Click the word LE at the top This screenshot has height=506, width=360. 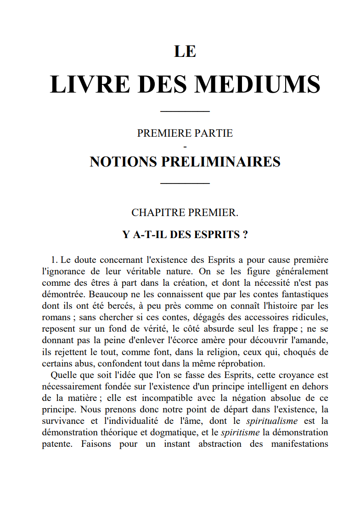(x=185, y=51)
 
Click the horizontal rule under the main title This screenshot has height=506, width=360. (x=185, y=111)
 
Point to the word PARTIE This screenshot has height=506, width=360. (x=213, y=133)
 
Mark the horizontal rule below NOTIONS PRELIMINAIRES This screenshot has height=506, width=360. (x=185, y=183)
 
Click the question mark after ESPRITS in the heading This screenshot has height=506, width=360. (x=245, y=235)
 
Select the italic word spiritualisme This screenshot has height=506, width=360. (x=272, y=421)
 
